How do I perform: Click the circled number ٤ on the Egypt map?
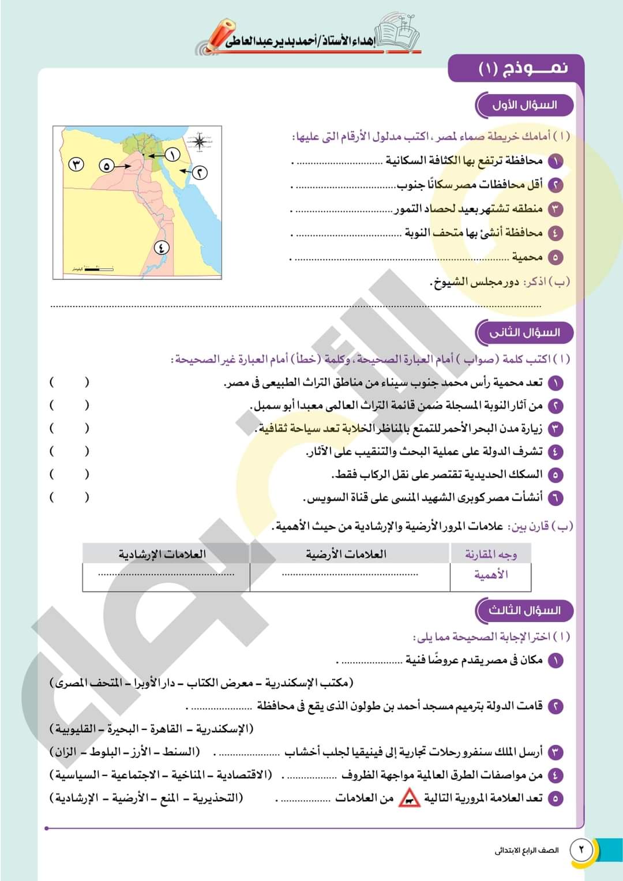162,248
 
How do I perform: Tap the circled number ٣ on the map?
77,164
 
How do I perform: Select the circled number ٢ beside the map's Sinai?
200,173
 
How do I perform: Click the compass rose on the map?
200,141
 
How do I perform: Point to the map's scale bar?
98,268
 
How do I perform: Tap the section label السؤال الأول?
524,105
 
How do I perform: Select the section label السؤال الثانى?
524,332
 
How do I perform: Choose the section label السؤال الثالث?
524,610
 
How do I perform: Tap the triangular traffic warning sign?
410,798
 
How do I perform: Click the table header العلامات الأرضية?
346,554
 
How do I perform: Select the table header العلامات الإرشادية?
162,554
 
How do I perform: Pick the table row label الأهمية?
490,575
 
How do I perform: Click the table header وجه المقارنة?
490,554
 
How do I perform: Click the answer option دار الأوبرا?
155,683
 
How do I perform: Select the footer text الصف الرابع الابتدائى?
527,850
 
